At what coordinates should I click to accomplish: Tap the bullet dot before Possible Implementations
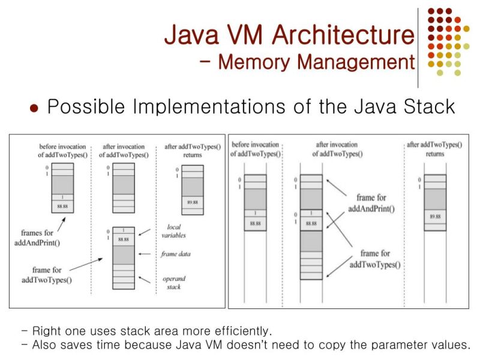pyautogui.click(x=34, y=109)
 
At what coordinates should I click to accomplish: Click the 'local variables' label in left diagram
pyautogui.click(x=175, y=231)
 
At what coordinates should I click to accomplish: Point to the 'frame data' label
pyautogui.click(x=176, y=254)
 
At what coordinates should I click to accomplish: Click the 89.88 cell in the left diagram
pyautogui.click(x=192, y=202)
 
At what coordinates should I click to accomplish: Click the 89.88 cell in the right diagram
pyautogui.click(x=435, y=216)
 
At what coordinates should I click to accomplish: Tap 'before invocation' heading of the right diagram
pyautogui.click(x=256, y=148)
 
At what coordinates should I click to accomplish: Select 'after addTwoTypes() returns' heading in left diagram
pyautogui.click(x=193, y=151)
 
